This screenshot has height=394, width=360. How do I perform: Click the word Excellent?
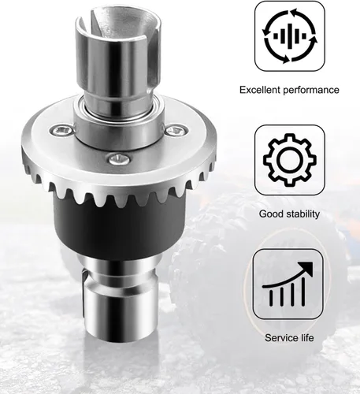[260, 90]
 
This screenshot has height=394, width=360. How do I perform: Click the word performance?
[311, 91]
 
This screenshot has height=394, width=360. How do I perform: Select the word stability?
[303, 214]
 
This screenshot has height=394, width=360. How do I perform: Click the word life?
[306, 337]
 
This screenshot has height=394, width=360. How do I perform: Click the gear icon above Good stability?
[290, 159]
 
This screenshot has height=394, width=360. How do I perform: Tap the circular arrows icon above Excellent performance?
[290, 36]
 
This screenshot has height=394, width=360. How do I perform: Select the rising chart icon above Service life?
[288, 284]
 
